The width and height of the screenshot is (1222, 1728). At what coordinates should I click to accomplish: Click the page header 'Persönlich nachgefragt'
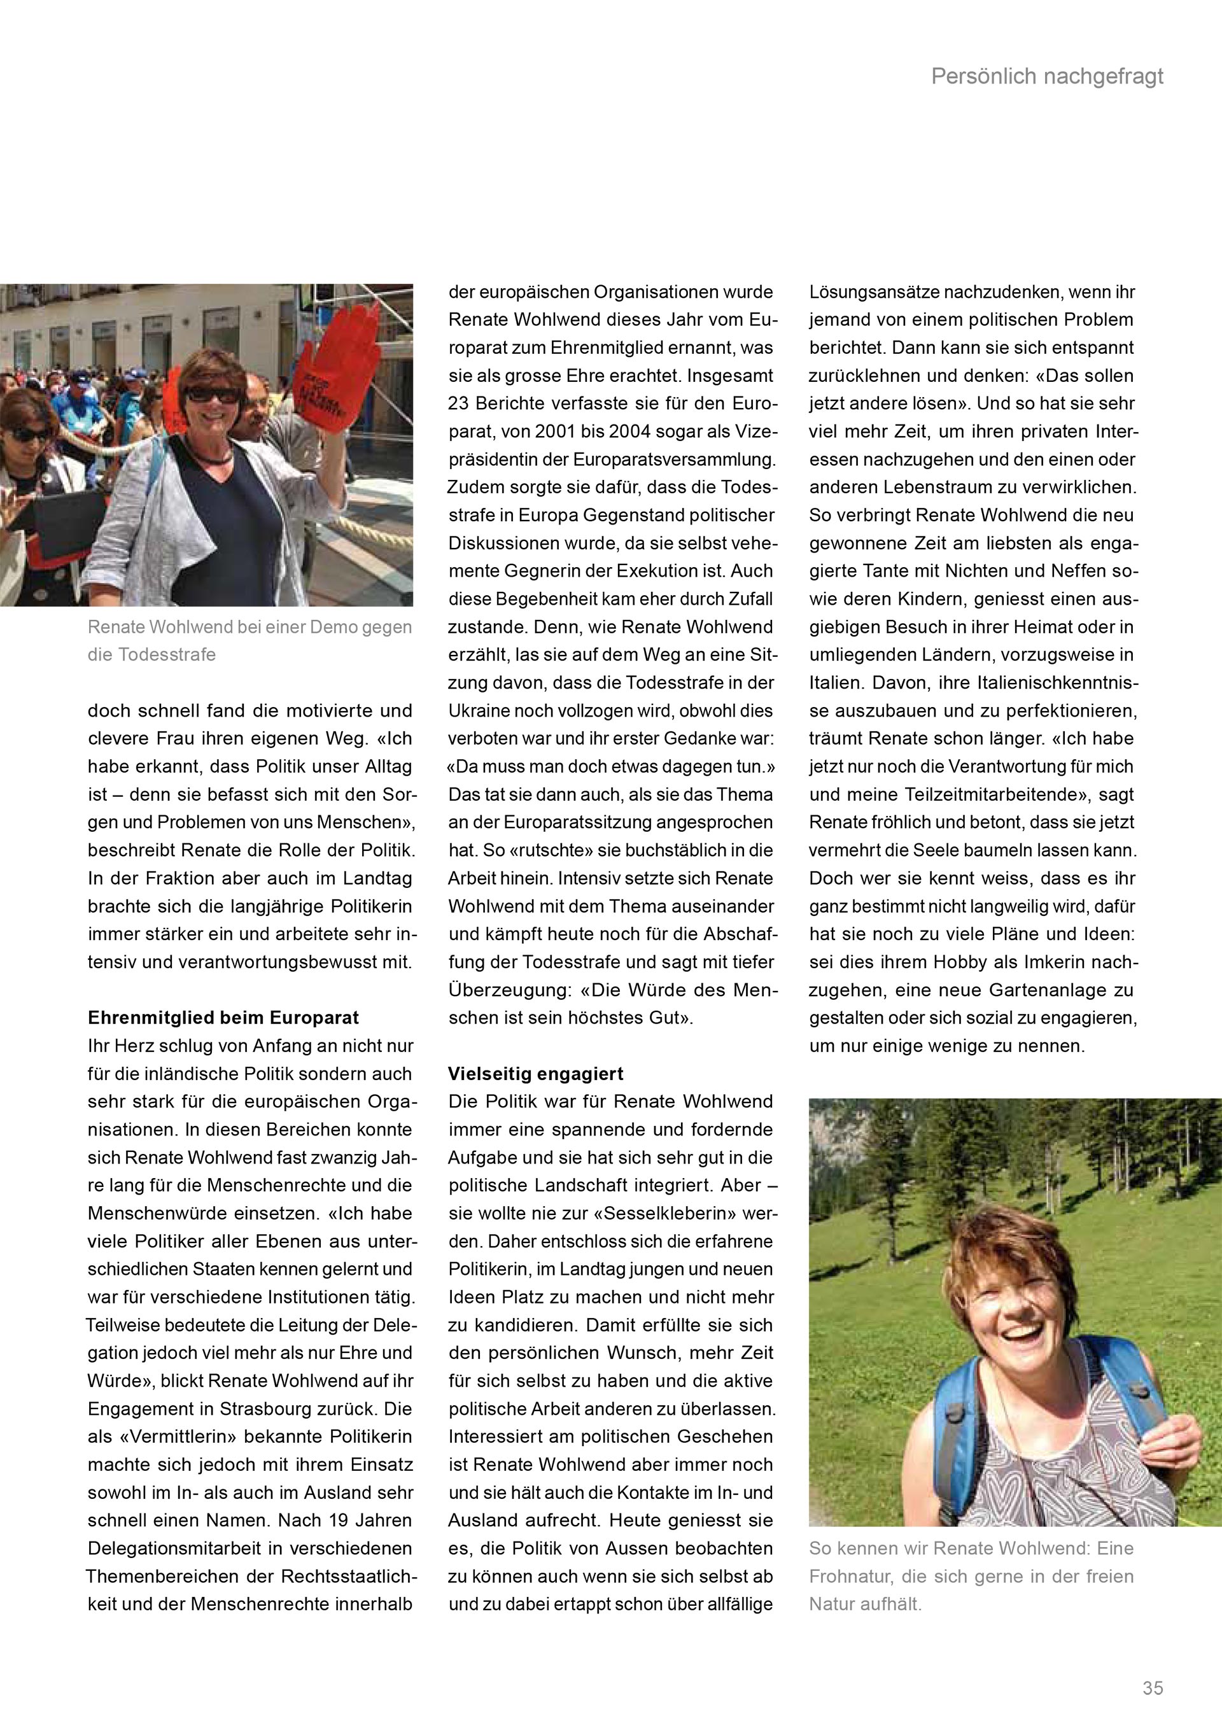click(1047, 77)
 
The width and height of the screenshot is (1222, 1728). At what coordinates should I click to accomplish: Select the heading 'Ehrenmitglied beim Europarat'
click(223, 1018)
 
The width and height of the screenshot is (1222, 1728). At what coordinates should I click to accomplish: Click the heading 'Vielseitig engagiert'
click(536, 1074)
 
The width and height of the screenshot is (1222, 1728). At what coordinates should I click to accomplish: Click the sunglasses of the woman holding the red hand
click(210, 393)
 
